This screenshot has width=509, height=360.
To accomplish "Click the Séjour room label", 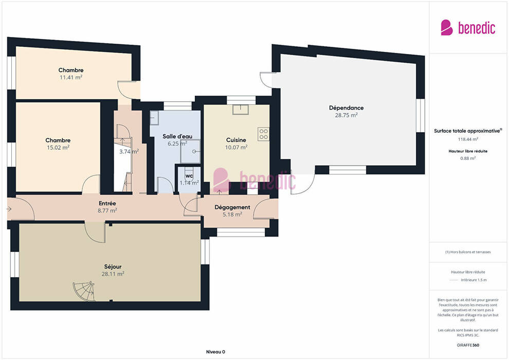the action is [x=113, y=266].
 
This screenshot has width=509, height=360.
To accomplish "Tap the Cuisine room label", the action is [x=236, y=140].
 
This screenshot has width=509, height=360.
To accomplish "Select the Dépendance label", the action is [x=347, y=108].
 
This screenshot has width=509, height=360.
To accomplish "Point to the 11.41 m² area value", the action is [x=71, y=77].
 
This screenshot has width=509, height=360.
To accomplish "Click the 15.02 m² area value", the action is [x=58, y=148].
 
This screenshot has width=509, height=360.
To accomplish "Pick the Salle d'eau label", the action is [x=177, y=136].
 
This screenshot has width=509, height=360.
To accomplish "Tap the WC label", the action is [x=189, y=176].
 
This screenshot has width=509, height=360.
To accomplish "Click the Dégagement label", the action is [x=232, y=207].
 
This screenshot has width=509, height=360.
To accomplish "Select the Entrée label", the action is [x=107, y=203].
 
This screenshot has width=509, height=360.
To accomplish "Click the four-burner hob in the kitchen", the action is [x=264, y=134].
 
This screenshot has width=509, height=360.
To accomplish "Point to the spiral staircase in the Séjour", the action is [x=84, y=291].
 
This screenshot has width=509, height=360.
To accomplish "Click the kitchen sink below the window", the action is [x=241, y=110].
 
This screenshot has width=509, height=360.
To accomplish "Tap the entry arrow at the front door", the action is [x=9, y=209].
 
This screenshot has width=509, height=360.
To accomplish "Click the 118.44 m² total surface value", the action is [x=468, y=139].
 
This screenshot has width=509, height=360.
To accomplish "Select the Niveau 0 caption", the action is [x=215, y=352].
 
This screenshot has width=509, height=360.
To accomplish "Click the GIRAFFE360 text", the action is [x=468, y=345].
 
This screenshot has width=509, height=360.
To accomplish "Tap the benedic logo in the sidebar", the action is [x=468, y=28].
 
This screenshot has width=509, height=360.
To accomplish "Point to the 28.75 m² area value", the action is [x=347, y=115].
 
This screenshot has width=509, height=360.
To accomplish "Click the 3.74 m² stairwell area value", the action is [x=129, y=151].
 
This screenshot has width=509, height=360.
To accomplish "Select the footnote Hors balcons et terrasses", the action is [x=468, y=252].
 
